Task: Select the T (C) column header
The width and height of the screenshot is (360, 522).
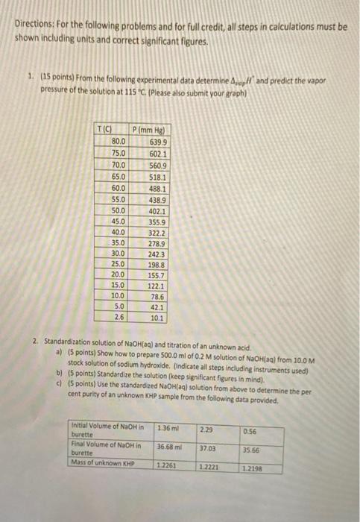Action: click(110, 131)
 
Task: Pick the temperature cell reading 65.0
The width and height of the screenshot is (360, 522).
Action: click(118, 178)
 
